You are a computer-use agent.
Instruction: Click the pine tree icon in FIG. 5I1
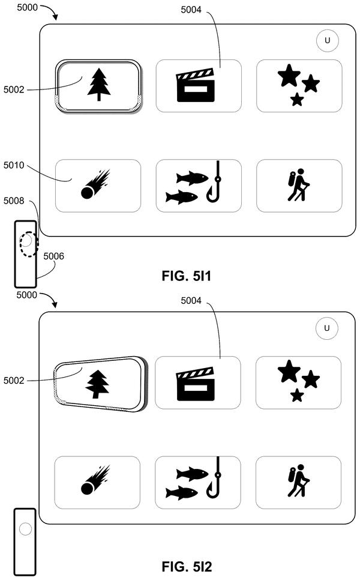click(98, 85)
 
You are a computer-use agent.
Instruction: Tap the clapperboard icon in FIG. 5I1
click(196, 85)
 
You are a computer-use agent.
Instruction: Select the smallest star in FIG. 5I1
click(297, 100)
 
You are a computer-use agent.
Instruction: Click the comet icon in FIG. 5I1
click(95, 184)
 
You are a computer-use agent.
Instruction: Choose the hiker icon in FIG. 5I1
click(299, 185)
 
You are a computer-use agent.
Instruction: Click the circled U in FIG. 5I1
click(328, 40)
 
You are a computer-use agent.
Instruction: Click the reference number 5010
click(14, 165)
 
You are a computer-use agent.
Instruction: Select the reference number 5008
click(14, 201)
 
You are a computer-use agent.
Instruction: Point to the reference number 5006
click(53, 256)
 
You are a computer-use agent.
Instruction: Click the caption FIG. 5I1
click(186, 276)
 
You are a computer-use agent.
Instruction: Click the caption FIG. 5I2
click(187, 566)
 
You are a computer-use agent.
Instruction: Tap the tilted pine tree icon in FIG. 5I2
click(97, 385)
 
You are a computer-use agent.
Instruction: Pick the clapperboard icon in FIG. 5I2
click(195, 384)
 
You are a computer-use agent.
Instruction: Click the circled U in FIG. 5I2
click(327, 328)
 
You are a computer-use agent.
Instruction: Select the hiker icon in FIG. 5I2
click(299, 480)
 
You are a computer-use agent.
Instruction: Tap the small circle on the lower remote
click(26, 529)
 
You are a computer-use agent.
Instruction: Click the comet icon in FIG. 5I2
click(95, 480)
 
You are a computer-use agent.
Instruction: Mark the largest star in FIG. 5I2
click(289, 371)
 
